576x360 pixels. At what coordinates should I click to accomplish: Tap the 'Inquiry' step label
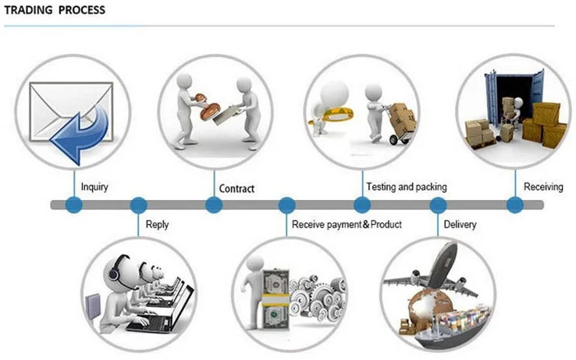94,187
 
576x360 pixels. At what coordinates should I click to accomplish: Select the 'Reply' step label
157,225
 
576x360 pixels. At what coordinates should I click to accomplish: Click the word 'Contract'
236,188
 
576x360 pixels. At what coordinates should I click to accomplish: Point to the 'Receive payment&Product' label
347,225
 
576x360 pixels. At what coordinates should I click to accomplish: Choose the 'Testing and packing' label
406,187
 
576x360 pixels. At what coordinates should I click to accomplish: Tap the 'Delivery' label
460,225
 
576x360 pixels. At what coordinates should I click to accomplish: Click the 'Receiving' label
543,187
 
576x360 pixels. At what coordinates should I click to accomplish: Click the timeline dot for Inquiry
73,205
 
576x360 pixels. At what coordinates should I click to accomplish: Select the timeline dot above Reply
139,205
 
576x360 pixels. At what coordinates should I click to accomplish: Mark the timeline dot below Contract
214,205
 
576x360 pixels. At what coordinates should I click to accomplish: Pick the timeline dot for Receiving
514,205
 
